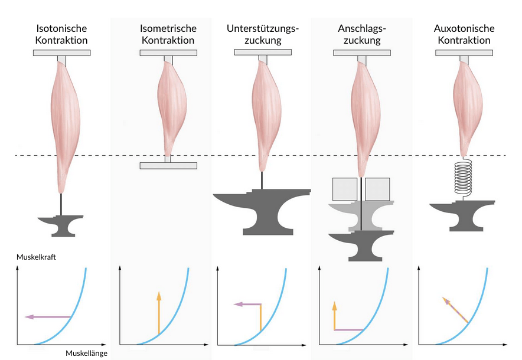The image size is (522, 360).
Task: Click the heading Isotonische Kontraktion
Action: click(x=62, y=34)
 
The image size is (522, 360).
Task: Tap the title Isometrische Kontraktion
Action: click(x=168, y=34)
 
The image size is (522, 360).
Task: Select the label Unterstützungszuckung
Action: click(x=263, y=34)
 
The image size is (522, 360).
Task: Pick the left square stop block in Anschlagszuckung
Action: click(x=344, y=189)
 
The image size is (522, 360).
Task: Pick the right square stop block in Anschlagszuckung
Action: click(x=377, y=189)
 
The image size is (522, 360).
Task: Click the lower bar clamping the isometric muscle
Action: click(x=168, y=165)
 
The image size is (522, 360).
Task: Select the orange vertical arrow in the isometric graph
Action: click(x=158, y=313)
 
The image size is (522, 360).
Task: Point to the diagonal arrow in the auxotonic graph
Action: click(x=455, y=310)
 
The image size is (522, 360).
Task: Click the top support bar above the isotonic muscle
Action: click(x=62, y=53)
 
